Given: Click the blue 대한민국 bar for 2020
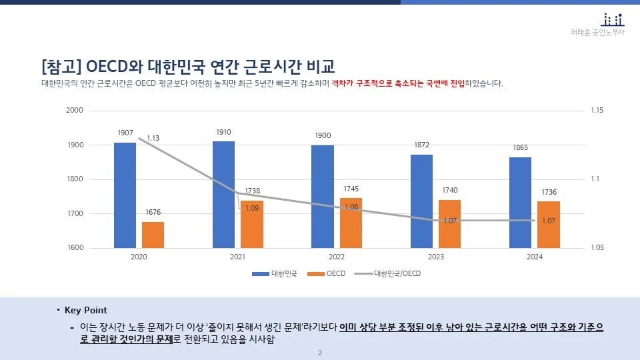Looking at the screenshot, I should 125,195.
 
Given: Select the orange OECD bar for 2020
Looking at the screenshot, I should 153,235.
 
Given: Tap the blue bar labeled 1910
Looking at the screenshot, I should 223,194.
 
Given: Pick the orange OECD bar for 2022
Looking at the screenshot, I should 351,223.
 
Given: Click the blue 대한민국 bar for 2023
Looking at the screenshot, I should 421,201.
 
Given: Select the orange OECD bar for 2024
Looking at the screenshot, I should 549,225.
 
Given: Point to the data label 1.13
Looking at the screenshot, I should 153,138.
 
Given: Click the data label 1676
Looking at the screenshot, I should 153,212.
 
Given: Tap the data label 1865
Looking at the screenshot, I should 521,147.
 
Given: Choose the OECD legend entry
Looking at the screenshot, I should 335,274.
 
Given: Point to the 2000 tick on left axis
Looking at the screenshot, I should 75,110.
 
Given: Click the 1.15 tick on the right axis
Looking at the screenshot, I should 597,110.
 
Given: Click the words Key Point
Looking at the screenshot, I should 85,311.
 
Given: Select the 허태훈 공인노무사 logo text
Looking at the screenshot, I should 598,32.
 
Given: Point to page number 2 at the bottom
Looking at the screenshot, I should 320,353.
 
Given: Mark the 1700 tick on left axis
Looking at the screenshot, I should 75,214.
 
